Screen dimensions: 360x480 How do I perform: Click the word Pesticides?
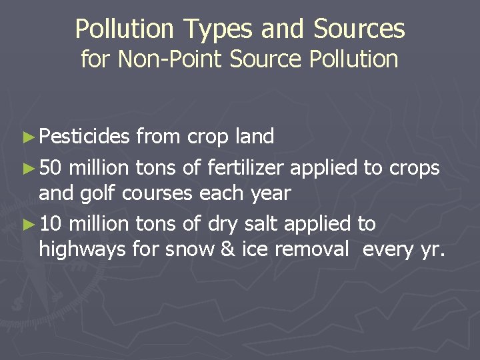tap(84, 137)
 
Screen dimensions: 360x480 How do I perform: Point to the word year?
tap(268, 194)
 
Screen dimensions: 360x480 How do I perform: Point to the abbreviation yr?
tap(436, 251)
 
